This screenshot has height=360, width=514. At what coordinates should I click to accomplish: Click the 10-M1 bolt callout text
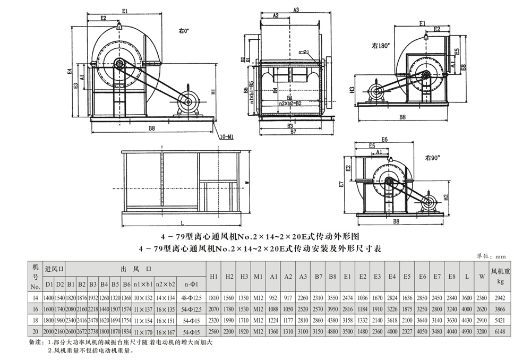[226, 136]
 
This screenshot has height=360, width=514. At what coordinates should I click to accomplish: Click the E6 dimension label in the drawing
[384, 139]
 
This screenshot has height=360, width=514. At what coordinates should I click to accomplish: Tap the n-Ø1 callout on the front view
[304, 52]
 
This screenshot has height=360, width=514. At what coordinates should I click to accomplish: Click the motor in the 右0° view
[189, 102]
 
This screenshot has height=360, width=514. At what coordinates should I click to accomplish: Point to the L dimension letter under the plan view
[182, 222]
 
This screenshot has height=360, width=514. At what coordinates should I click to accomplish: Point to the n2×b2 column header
[166, 284]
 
